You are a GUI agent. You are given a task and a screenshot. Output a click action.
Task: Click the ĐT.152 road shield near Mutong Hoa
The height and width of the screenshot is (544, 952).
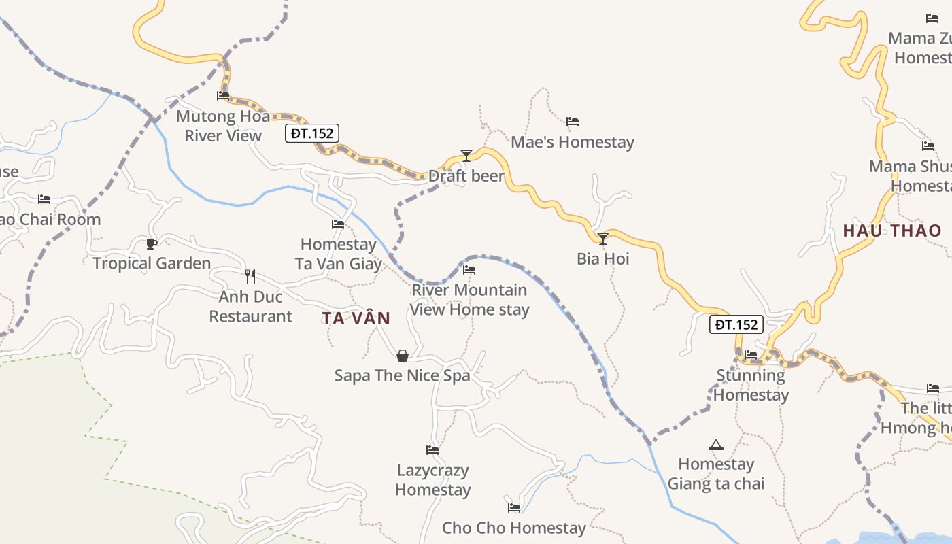click(x=312, y=133)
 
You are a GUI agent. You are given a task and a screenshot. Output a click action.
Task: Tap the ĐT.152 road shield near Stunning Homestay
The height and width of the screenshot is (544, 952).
click(x=736, y=325)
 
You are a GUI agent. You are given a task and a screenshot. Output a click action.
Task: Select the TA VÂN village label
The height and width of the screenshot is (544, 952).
click(x=356, y=318)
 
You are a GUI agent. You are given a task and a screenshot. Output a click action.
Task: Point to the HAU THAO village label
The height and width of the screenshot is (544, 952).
click(x=892, y=231)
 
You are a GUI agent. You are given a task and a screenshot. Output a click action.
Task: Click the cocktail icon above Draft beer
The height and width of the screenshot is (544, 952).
click(x=466, y=156)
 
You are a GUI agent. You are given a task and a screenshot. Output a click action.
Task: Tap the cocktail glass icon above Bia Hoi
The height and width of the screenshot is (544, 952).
click(x=603, y=239)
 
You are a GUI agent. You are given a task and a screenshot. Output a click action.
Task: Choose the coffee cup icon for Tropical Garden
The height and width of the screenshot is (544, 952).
click(x=152, y=243)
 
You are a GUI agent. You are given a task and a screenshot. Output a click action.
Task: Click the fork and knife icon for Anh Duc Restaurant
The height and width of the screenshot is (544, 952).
click(x=250, y=276)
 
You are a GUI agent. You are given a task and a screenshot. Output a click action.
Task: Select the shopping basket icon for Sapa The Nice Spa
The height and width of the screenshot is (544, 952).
click(x=403, y=356)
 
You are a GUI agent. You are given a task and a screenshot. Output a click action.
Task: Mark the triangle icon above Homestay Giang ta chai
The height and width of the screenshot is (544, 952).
click(x=715, y=445)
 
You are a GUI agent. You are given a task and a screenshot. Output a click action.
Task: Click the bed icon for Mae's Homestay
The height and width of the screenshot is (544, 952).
click(x=573, y=122)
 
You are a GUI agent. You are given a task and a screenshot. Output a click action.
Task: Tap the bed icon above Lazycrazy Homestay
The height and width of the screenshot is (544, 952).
click(x=432, y=449)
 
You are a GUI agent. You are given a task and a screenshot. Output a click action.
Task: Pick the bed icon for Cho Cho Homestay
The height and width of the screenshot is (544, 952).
click(x=514, y=507)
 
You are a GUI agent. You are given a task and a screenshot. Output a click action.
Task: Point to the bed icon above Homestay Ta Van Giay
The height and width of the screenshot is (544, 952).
click(x=338, y=224)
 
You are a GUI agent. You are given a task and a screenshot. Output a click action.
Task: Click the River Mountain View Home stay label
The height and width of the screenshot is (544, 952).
click(x=470, y=300)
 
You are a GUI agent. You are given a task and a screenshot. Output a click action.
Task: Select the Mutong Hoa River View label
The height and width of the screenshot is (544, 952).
click(x=223, y=126)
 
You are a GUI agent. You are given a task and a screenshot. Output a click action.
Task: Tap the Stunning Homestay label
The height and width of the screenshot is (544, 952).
click(x=751, y=385)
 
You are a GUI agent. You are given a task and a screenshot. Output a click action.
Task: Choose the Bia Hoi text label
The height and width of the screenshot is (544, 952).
click(x=603, y=258)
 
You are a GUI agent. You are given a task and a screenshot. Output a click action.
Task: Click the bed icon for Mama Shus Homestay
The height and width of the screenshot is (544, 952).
click(x=928, y=146)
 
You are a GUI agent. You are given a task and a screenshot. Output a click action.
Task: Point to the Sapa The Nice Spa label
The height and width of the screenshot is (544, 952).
click(x=402, y=375)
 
